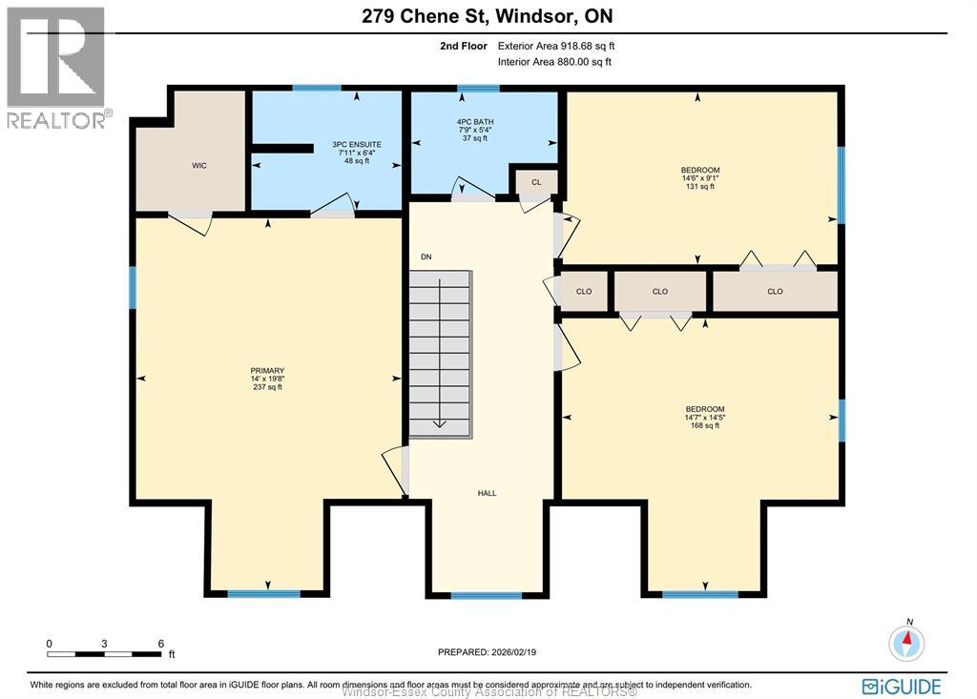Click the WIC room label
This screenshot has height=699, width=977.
tap(198, 166)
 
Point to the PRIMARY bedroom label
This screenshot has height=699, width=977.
tap(267, 371)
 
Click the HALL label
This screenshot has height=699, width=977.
tap(487, 493)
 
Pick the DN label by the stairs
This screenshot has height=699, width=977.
tap(426, 257)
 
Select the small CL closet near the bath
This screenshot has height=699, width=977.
tap(535, 182)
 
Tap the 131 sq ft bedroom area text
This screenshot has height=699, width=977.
tap(700, 187)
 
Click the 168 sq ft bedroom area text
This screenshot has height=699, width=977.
tap(704, 425)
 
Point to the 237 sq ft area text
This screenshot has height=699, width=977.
tap(267, 387)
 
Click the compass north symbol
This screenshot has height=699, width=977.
tap(906, 642)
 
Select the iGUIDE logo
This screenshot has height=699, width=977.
tap(901, 686)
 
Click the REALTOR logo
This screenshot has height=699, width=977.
tap(57, 67)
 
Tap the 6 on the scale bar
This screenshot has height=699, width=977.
tap(160, 643)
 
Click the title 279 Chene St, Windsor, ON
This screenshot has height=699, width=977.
tap(488, 16)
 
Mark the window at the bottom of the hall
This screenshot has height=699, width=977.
tap(487, 596)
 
